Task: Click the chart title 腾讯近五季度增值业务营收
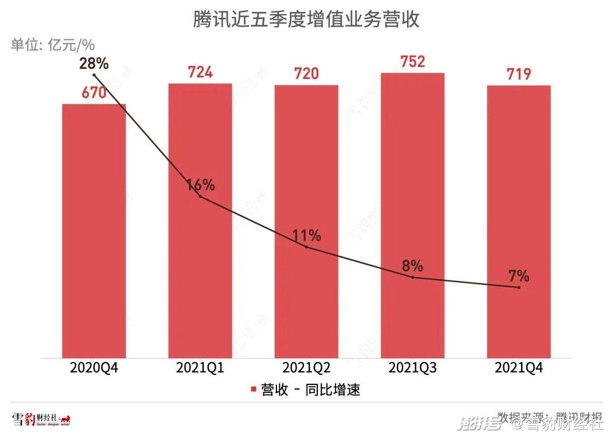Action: pyautogui.click(x=306, y=20)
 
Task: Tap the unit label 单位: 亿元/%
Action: pyautogui.click(x=52, y=45)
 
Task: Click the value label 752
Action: pyautogui.click(x=413, y=61)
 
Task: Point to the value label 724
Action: pyautogui.click(x=200, y=72)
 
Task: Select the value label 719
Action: pyautogui.click(x=519, y=74)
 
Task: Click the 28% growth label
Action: pyautogui.click(x=94, y=62)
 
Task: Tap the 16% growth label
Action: pyautogui.click(x=200, y=185)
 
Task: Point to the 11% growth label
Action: pyautogui.click(x=306, y=235)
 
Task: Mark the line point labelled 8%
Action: pyautogui.click(x=413, y=277)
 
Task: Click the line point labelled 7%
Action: pyautogui.click(x=519, y=287)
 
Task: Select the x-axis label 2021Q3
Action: pyautogui.click(x=413, y=367)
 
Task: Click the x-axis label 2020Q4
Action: pyautogui.click(x=94, y=367)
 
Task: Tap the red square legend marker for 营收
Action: pyautogui.click(x=254, y=390)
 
